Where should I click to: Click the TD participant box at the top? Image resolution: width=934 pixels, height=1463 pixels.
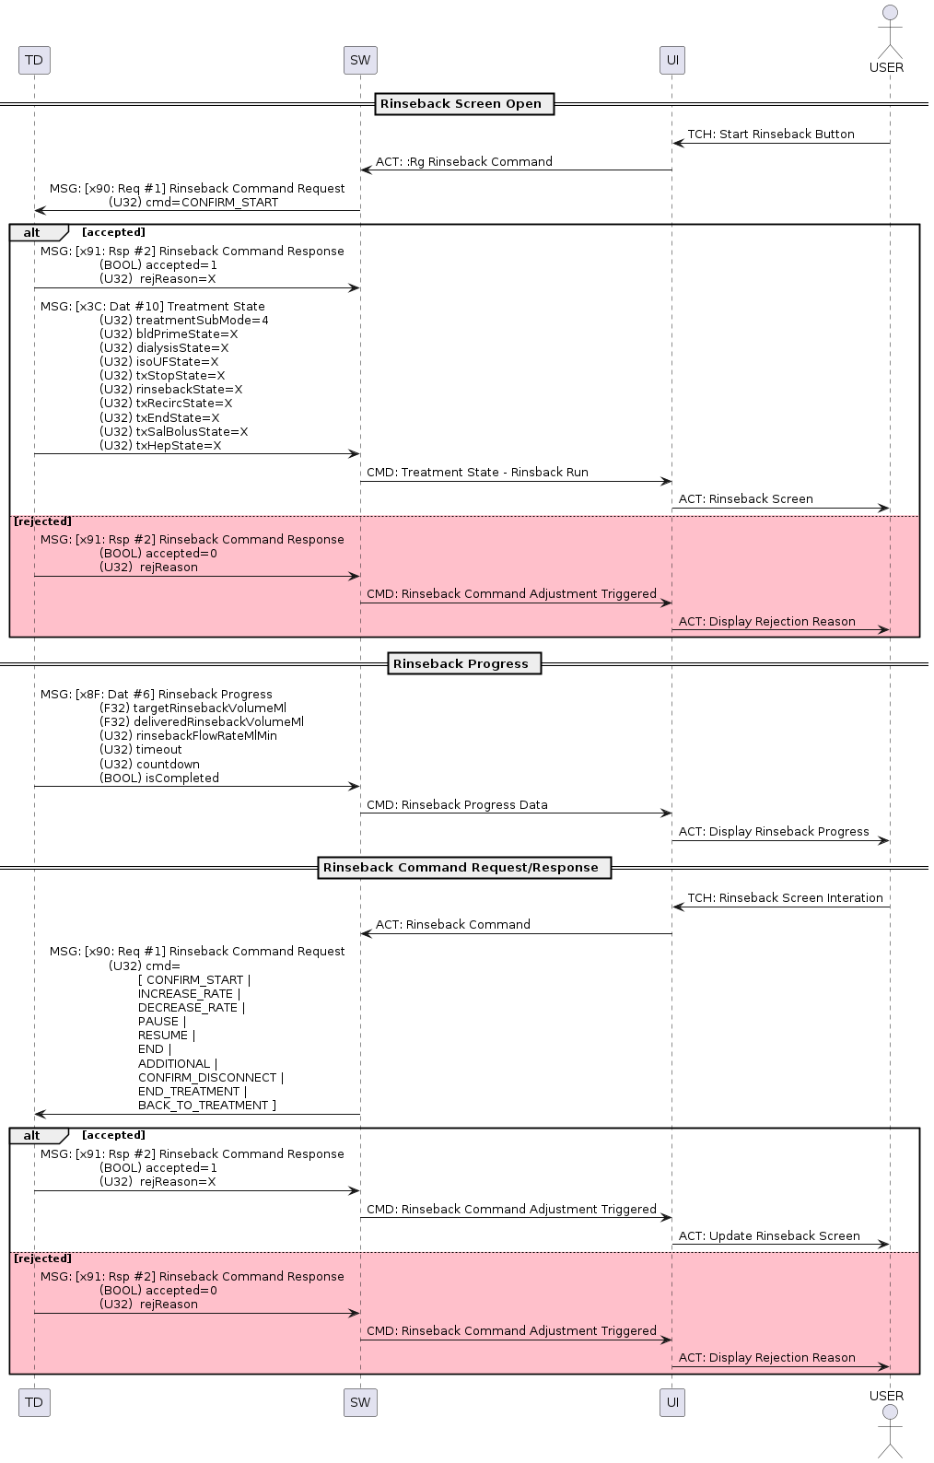(34, 61)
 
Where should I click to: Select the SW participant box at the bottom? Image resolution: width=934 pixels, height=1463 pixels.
(360, 1402)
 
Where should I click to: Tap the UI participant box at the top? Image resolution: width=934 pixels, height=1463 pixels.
(672, 61)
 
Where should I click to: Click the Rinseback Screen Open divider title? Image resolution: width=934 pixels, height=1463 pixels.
(461, 104)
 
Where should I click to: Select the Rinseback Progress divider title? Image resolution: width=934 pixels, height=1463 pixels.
(461, 664)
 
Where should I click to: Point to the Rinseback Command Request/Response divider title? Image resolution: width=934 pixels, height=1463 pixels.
(461, 868)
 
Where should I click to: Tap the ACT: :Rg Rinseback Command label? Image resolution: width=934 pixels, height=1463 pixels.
(463, 162)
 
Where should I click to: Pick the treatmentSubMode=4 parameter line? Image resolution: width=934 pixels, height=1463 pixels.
(184, 321)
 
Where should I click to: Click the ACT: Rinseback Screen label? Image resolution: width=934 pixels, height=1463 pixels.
(745, 499)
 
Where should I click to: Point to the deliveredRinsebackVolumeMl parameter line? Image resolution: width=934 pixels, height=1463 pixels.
(202, 722)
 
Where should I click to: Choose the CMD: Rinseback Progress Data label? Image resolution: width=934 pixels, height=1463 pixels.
(457, 805)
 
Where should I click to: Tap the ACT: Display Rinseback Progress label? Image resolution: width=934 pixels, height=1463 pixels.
(774, 832)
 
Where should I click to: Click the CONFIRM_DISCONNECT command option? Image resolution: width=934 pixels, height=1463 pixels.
(211, 1078)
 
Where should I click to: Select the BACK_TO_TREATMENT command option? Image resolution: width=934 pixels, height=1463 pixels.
(206, 1106)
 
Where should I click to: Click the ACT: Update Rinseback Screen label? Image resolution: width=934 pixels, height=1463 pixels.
(769, 1236)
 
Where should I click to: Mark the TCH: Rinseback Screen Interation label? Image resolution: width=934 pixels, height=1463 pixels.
(785, 898)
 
